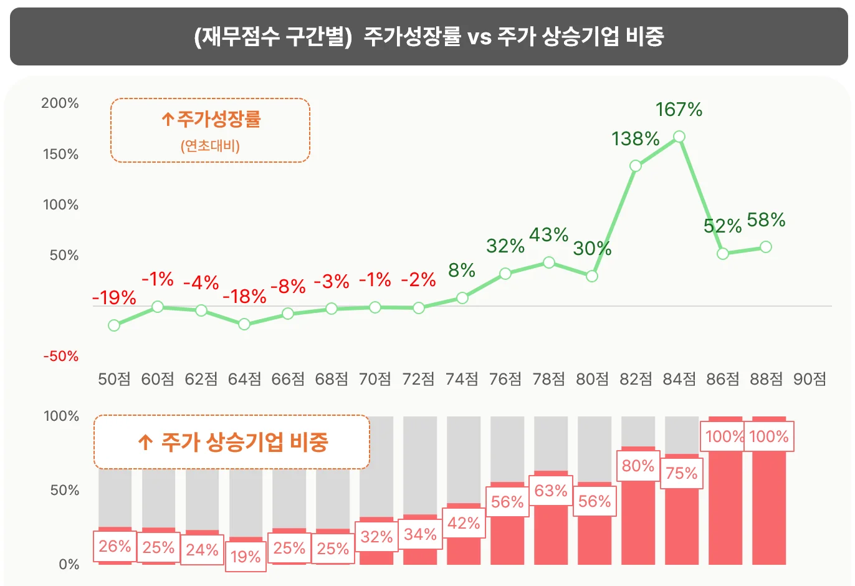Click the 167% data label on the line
click(679, 110)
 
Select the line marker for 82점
click(636, 166)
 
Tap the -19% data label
click(114, 298)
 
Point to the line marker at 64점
click(244, 324)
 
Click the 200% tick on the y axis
click(60, 103)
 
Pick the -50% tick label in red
click(61, 356)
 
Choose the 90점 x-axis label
click(809, 379)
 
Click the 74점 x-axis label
click(462, 379)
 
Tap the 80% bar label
click(638, 466)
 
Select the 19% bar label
click(246, 556)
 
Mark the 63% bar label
click(551, 491)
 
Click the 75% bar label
click(682, 473)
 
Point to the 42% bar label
click(464, 523)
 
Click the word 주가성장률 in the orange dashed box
click(218, 118)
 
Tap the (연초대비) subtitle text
click(211, 146)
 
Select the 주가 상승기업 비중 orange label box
click(232, 442)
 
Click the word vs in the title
click(479, 36)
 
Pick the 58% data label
click(766, 220)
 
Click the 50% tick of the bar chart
click(65, 490)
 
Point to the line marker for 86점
click(723, 254)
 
